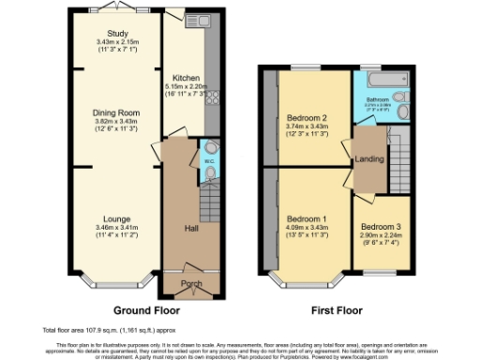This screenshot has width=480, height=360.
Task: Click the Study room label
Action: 117,35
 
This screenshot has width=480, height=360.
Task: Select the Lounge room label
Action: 117,220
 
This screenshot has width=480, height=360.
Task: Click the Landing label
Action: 367,159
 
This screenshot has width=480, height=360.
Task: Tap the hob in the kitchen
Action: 211,97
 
